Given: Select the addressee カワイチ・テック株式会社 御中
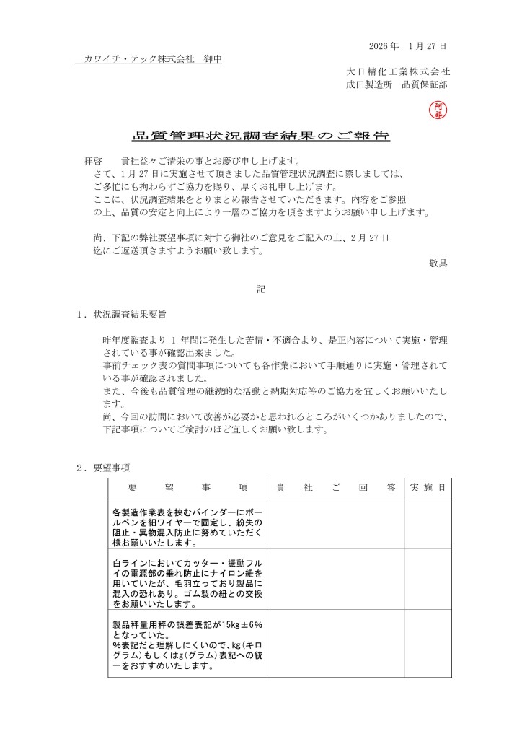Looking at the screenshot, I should coord(148,59).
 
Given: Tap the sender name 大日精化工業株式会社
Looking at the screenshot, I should coord(398,72).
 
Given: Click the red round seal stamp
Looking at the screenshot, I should coord(437,109).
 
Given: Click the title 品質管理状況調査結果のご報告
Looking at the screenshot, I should coord(261,136).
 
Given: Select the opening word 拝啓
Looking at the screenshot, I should coord(94,161).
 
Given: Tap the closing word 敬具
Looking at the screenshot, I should coord(438,263).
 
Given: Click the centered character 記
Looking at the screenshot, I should coord(261,289).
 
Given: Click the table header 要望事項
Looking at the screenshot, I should coord(187,487).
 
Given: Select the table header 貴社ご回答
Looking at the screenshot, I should coord(335,487).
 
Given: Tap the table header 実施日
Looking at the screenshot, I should coord(427,487).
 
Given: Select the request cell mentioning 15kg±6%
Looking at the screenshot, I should coord(187,645).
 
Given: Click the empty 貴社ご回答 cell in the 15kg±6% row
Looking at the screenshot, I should coord(335,645).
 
